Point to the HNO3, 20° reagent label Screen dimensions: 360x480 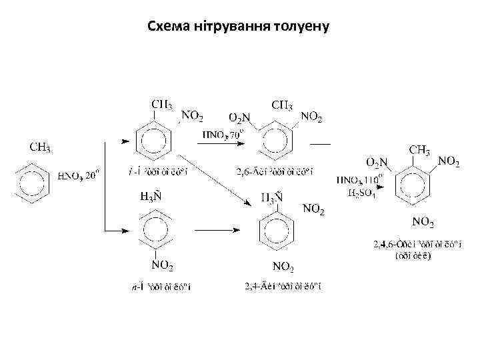[79, 176]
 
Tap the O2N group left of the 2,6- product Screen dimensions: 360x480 [239, 117]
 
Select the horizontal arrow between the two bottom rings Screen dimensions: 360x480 [216, 230]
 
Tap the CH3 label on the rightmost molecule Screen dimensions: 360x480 [419, 150]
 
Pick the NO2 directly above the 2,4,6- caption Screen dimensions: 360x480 [423, 221]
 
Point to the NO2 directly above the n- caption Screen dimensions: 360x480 [162, 265]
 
